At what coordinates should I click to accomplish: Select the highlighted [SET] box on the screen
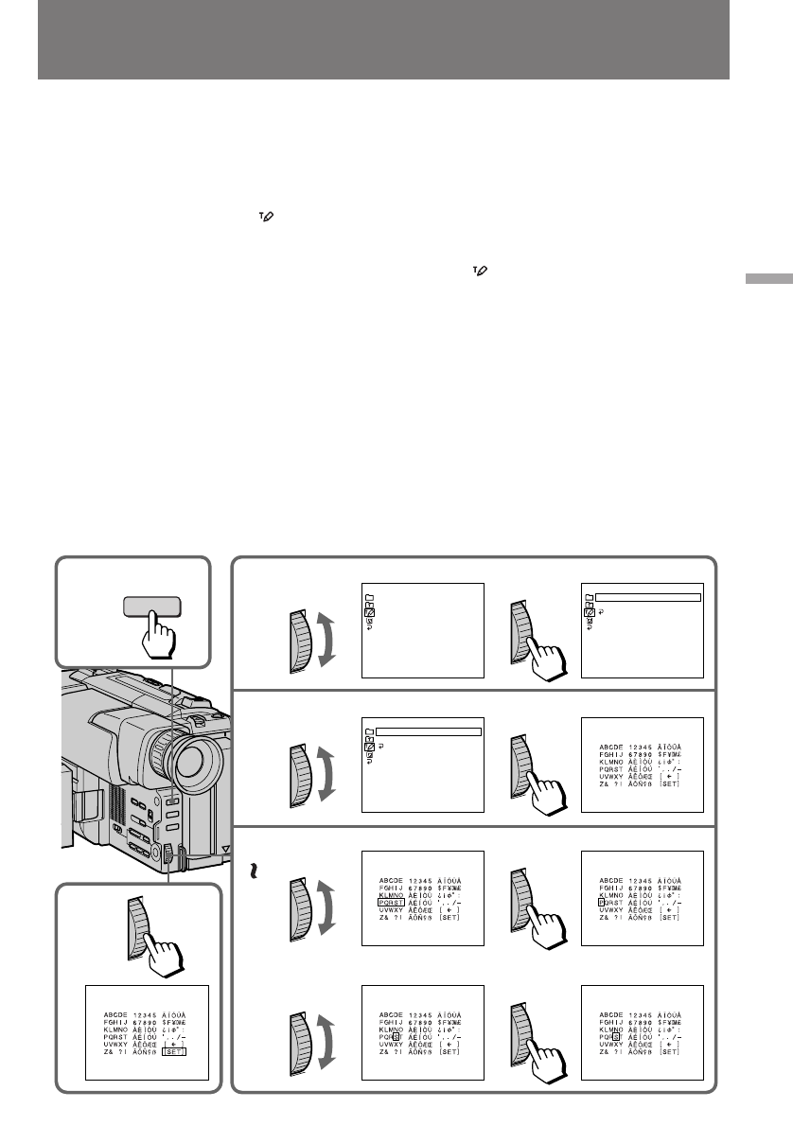[x=173, y=1046]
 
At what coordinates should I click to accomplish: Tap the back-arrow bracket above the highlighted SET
[x=173, y=1038]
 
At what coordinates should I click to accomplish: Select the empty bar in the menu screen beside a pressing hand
[x=648, y=597]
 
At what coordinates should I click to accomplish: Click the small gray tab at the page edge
[x=767, y=281]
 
